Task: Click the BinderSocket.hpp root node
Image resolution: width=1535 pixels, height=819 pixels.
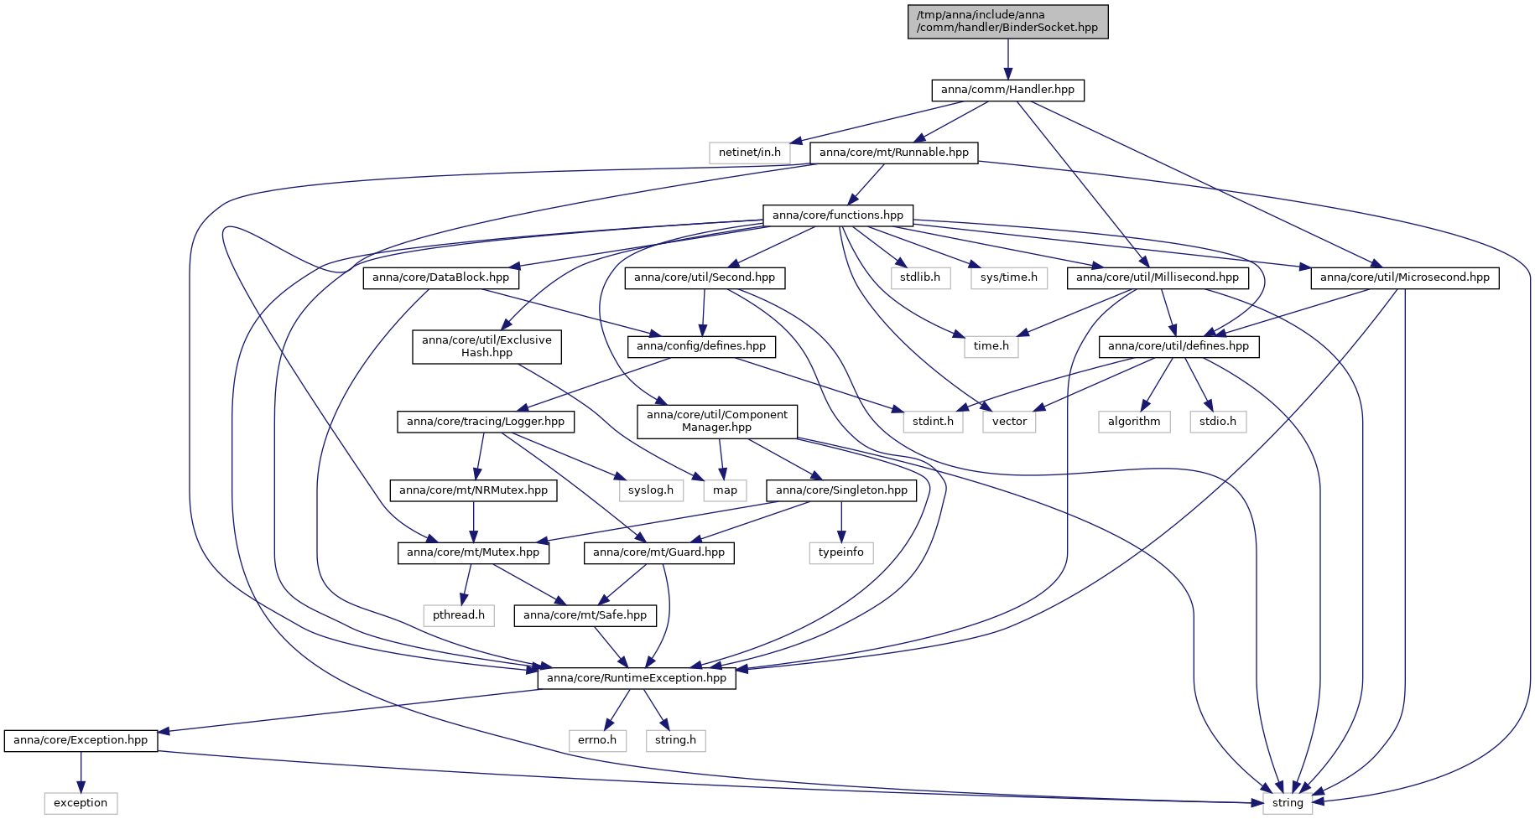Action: click(1007, 22)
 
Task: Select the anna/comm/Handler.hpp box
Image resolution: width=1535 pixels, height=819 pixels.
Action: click(1007, 90)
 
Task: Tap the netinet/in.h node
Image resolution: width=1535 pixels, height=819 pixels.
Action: click(749, 153)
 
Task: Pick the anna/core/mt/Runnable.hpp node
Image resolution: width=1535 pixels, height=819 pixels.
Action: click(893, 153)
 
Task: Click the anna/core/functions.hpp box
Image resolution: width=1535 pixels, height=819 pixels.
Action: click(838, 215)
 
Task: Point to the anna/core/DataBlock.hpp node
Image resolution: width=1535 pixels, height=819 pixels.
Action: click(440, 277)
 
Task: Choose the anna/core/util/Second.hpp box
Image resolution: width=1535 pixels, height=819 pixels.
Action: click(705, 277)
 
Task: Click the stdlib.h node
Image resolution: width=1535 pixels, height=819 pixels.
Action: click(920, 277)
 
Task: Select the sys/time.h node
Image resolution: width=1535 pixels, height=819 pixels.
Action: click(1008, 277)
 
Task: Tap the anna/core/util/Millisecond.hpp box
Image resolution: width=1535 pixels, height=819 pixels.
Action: click(1158, 277)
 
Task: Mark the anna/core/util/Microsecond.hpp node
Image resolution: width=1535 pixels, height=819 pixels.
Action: click(1405, 277)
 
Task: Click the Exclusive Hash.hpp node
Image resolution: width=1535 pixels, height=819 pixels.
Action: click(487, 346)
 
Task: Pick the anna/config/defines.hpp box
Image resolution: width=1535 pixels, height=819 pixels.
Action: click(701, 346)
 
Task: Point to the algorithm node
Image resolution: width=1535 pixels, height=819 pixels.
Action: click(1134, 422)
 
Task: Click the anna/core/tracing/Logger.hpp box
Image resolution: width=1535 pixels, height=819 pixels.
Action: click(486, 422)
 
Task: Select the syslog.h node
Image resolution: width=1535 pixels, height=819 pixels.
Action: click(651, 490)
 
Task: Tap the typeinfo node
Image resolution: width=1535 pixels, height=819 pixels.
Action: click(841, 552)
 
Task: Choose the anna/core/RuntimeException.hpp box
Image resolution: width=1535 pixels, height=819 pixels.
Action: click(637, 678)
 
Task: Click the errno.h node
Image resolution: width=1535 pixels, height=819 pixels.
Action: click(597, 740)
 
